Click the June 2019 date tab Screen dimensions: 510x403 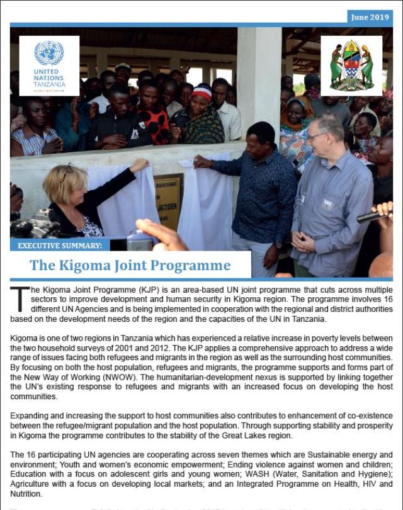[369, 18]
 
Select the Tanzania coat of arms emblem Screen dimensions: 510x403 [351, 65]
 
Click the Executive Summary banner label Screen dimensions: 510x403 [60, 245]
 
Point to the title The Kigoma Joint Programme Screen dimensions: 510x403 [130, 265]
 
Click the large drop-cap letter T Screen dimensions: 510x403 [20, 298]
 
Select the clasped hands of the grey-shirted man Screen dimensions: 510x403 [304, 241]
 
